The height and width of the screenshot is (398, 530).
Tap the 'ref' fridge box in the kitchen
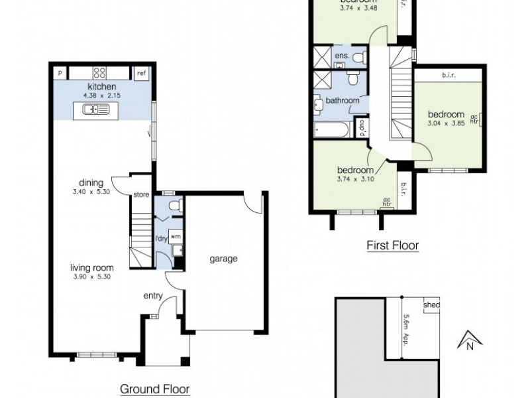[141, 73]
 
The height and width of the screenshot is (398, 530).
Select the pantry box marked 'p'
[60, 73]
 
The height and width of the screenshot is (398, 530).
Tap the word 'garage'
[224, 259]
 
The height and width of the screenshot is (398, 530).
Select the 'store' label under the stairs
[140, 195]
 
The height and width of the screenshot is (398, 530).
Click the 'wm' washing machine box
[176, 235]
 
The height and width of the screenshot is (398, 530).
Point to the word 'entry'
[152, 297]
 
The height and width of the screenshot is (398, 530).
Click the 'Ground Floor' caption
[154, 389]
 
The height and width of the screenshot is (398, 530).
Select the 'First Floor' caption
[393, 245]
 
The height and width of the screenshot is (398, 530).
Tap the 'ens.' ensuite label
[342, 56]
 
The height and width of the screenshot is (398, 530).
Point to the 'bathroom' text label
[342, 101]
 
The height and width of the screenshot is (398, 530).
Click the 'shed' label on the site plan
[431, 305]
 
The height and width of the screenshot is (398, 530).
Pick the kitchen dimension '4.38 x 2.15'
[102, 96]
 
